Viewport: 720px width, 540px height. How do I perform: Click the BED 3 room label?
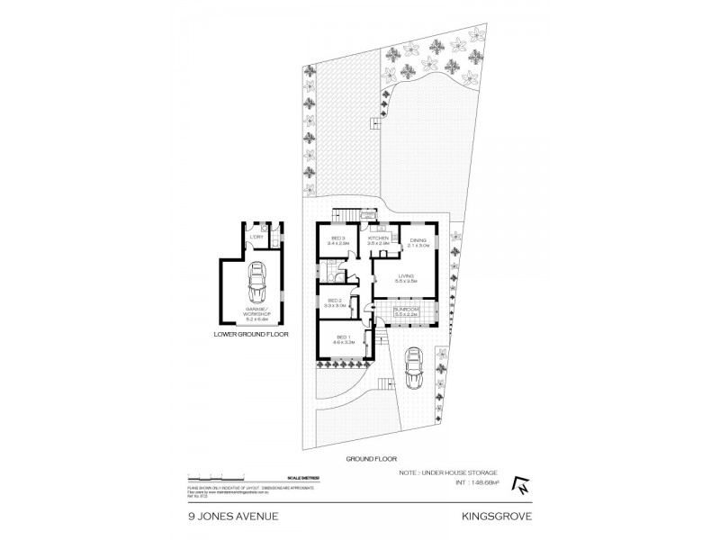337,238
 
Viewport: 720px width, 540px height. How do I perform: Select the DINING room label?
418,240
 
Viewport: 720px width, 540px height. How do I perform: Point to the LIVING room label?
405,276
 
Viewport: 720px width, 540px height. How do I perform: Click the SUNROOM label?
407,309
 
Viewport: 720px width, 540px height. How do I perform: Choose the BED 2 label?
334,300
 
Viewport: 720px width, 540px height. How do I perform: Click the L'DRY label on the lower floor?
256,235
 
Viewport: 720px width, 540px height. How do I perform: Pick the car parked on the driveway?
414,367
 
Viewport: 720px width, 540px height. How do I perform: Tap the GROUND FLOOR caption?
371,458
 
